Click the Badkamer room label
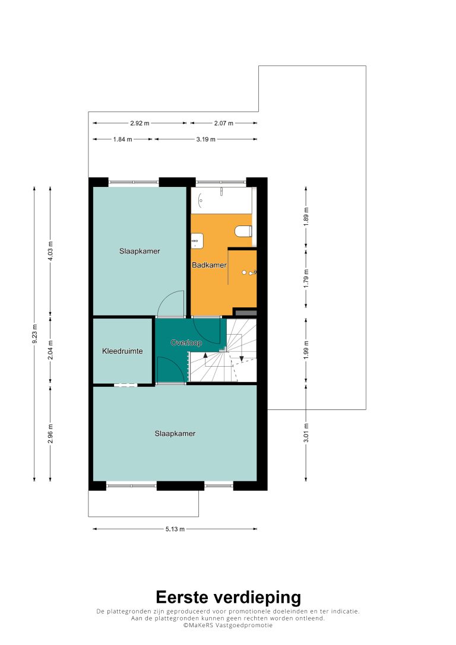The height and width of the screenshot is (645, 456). click(209, 265)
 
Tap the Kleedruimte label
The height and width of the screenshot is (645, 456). click(122, 351)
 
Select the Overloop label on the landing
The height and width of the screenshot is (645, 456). click(186, 342)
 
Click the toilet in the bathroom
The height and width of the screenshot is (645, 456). click(243, 231)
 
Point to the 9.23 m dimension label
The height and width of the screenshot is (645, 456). click(34, 333)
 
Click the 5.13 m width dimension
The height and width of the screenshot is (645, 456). click(175, 529)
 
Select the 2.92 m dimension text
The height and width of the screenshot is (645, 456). click(140, 123)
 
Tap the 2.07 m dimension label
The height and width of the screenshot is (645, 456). click(223, 123)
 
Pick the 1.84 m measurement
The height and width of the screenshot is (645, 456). click(123, 139)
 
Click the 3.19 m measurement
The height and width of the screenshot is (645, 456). click(206, 139)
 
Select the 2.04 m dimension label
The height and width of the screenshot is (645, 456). click(50, 351)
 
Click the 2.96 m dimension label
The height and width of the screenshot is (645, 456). click(50, 434)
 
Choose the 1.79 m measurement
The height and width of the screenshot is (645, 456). click(306, 278)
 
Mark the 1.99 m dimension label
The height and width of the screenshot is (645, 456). click(306, 351)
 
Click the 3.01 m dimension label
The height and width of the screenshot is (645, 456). click(306, 433)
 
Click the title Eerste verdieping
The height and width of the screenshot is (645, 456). click(229, 597)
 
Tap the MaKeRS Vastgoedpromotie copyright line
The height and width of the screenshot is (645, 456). click(228, 625)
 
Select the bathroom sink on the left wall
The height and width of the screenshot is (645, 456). click(198, 241)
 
